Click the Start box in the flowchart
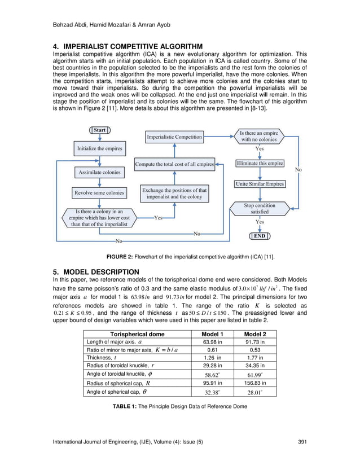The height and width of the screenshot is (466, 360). click(99, 130)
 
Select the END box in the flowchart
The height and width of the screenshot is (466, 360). click(260, 236)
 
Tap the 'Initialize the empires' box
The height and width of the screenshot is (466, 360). click(99, 150)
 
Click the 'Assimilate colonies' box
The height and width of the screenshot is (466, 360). click(99, 172)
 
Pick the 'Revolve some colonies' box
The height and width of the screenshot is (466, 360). click(99, 193)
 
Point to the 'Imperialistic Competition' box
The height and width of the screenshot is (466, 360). click(174, 137)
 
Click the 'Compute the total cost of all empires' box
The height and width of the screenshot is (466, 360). click(174, 165)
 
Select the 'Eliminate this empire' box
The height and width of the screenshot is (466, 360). click(260, 164)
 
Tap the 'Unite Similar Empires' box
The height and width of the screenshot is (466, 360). click(260, 184)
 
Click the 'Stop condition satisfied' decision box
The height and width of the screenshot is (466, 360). click(260, 209)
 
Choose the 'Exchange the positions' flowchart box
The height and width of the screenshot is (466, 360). click(174, 194)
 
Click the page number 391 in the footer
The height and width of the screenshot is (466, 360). click(302, 441)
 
